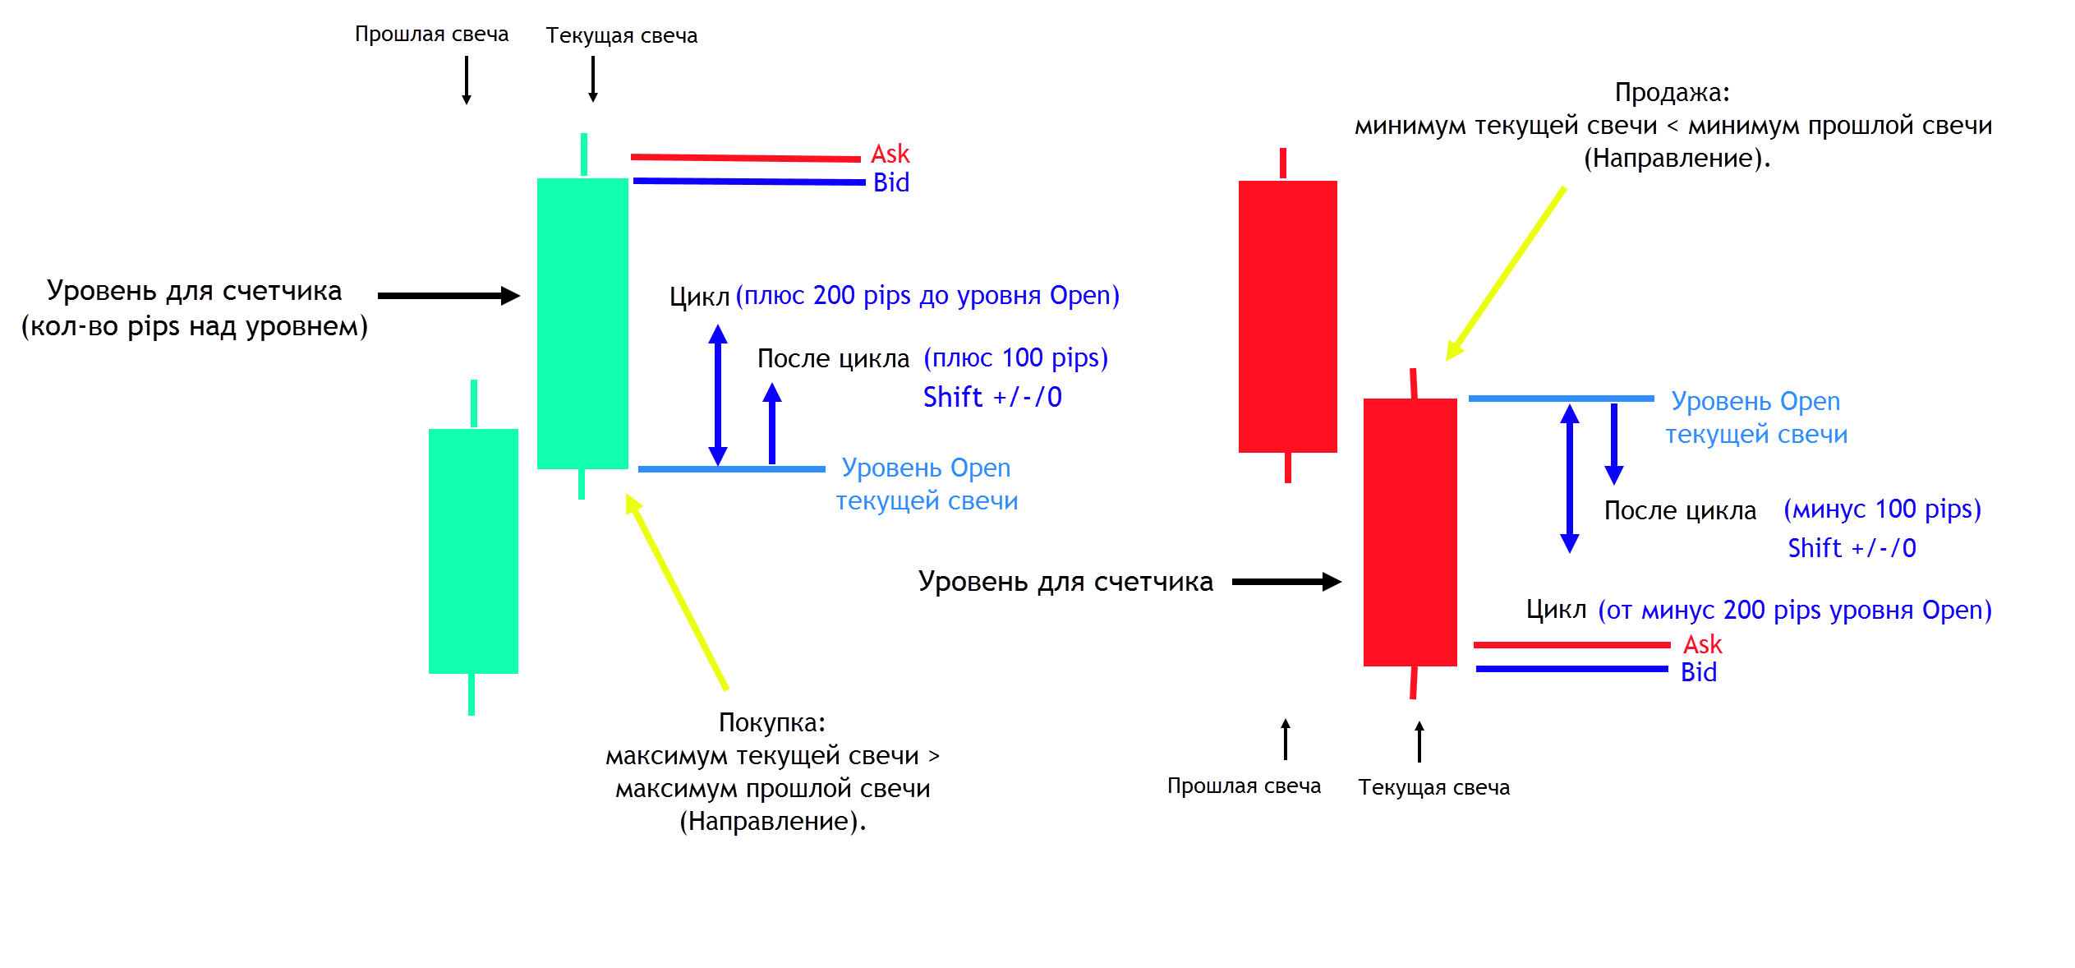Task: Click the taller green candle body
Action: [x=582, y=323]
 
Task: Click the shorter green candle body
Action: [x=473, y=551]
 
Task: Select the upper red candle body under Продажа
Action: [x=1287, y=316]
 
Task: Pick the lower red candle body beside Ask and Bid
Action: [x=1410, y=532]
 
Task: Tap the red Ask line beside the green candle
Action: [x=745, y=157]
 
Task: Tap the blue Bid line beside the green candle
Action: [x=748, y=181]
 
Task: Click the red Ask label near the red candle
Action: [x=1702, y=644]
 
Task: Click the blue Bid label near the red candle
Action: [x=1698, y=672]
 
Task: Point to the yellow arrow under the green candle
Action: [x=677, y=592]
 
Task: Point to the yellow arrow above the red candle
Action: [x=1506, y=273]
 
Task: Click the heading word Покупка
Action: [x=771, y=722]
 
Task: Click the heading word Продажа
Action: [x=1672, y=92]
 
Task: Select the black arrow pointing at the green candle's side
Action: [x=449, y=296]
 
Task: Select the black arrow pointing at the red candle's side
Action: [x=1286, y=582]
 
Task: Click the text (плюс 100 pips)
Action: [x=1015, y=357]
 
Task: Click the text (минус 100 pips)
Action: [x=1882, y=509]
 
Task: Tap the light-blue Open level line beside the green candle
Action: [x=731, y=469]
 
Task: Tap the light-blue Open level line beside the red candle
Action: [x=1561, y=399]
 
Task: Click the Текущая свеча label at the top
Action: [x=621, y=35]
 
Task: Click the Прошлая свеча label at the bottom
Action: [x=1244, y=786]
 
